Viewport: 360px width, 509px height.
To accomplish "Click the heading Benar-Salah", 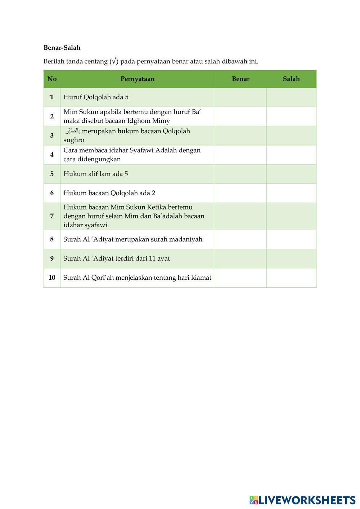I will pyautogui.click(x=62, y=48).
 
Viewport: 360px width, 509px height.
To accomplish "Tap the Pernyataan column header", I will pyautogui.click(x=137, y=79).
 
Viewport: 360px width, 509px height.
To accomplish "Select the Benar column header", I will pyautogui.click(x=240, y=79).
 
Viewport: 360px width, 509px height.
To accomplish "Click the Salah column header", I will pyautogui.click(x=291, y=79).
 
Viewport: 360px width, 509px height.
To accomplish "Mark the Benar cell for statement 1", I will pyautogui.click(x=240, y=97).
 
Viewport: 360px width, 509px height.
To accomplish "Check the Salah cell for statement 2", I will pyautogui.click(x=291, y=116).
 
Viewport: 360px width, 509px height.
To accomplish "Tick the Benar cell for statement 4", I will pyautogui.click(x=240, y=154).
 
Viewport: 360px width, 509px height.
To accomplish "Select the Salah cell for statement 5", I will pyautogui.click(x=291, y=174).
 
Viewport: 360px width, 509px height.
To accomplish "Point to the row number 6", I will pyautogui.click(x=52, y=193).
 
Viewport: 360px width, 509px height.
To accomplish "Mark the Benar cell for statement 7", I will pyautogui.click(x=240, y=216).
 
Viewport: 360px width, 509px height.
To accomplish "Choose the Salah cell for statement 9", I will pyautogui.click(x=291, y=258).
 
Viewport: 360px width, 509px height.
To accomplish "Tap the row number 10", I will pyautogui.click(x=52, y=278).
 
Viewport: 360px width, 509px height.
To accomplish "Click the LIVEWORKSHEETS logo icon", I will pyautogui.click(x=254, y=500).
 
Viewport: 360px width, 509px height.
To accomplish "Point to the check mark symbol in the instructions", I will pyautogui.click(x=114, y=61).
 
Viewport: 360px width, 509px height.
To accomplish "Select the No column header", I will pyautogui.click(x=52, y=79).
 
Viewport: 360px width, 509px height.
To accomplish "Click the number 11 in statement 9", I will pyautogui.click(x=151, y=258).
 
